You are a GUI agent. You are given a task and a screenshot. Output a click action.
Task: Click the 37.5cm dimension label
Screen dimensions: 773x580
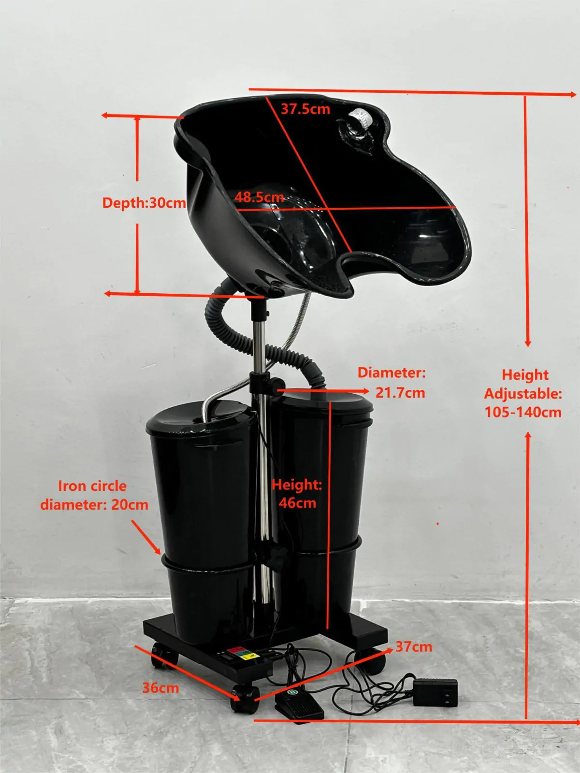point(305,109)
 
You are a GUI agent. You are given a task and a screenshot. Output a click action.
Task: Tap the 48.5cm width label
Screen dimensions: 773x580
point(259,197)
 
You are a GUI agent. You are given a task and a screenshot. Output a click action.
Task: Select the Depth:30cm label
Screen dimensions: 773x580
point(144,202)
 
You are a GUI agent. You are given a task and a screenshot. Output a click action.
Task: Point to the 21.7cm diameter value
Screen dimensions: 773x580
point(400,392)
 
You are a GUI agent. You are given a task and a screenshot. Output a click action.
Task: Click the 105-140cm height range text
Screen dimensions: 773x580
point(523,412)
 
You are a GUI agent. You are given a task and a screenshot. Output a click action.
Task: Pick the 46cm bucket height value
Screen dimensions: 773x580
point(297,503)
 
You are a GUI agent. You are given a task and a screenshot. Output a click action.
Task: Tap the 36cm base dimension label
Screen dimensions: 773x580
point(160,687)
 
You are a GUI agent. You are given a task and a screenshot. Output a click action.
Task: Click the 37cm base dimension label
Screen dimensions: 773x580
point(414,646)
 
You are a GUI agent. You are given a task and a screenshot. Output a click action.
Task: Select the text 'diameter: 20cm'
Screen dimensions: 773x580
point(94,505)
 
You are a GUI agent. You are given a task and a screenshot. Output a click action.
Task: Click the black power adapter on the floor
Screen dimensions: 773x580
point(435,692)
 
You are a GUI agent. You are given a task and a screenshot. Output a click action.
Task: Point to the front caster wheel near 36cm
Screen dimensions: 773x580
point(243,699)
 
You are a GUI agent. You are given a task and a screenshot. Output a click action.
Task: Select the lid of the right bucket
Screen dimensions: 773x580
point(325,402)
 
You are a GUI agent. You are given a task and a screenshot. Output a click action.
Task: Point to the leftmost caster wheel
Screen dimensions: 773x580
point(159,656)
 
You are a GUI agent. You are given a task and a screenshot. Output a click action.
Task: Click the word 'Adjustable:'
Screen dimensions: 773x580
point(523,394)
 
